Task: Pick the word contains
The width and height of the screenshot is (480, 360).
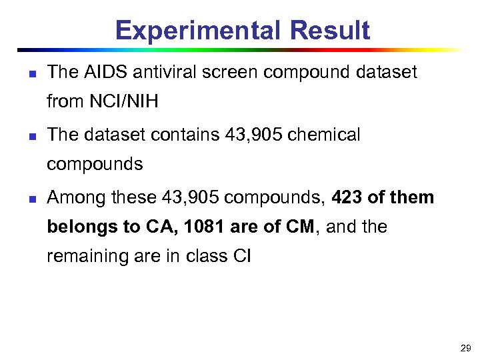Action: (185, 135)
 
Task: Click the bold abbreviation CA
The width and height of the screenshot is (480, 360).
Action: (159, 227)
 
